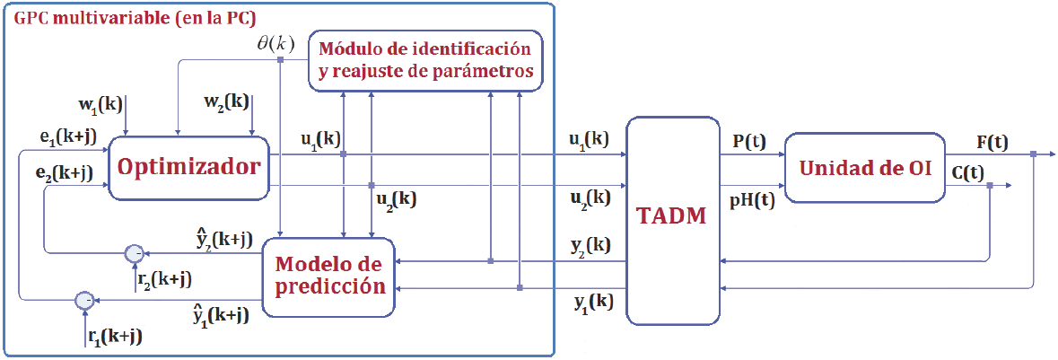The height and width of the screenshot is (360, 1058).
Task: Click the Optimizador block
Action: [x=188, y=167]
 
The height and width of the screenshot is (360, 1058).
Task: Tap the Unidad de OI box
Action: [x=864, y=167]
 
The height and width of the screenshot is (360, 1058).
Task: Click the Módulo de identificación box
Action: [x=425, y=59]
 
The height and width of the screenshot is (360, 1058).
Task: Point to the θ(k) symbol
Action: [x=275, y=43]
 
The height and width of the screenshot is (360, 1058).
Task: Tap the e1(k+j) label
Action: [x=65, y=138]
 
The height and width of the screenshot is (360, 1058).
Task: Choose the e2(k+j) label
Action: [x=65, y=173]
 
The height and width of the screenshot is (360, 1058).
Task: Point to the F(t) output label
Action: [x=992, y=142]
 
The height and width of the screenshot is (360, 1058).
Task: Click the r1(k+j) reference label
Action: [x=115, y=337]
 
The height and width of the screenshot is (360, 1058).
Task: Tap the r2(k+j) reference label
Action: [x=163, y=278]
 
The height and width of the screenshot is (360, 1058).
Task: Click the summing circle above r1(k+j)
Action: [x=83, y=299]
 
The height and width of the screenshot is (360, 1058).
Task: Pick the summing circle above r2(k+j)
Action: [x=134, y=252]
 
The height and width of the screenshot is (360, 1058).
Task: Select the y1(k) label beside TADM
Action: [x=593, y=303]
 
